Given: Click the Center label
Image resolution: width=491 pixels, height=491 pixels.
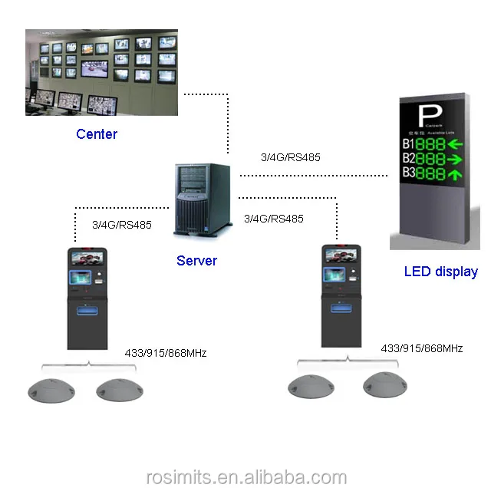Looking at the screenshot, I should click(x=97, y=134).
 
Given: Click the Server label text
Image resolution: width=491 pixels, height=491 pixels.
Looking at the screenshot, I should click(x=196, y=261).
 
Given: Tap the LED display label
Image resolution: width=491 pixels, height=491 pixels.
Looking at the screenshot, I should click(x=440, y=272).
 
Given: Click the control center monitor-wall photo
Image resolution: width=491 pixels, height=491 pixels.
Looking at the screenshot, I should click(x=101, y=73).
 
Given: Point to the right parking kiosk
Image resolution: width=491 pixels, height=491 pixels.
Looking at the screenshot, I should click(x=338, y=295).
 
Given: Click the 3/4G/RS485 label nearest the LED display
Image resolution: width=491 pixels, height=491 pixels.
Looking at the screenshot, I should click(x=291, y=157).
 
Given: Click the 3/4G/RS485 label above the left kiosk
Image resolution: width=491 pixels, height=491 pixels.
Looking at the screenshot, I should click(x=121, y=225).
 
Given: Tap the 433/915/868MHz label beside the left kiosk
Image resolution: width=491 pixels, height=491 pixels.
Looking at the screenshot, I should click(x=166, y=354).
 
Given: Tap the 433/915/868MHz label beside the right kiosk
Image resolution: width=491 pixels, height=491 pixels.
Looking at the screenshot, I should click(x=422, y=348).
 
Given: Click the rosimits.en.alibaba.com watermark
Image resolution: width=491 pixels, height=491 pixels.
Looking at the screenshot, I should click(x=245, y=478).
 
